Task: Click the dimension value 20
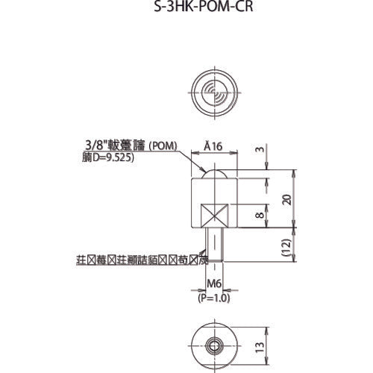(286, 199)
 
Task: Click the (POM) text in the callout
(162, 148)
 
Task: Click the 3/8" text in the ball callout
(95, 148)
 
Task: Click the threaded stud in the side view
(214, 246)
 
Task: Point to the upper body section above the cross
(214, 190)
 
